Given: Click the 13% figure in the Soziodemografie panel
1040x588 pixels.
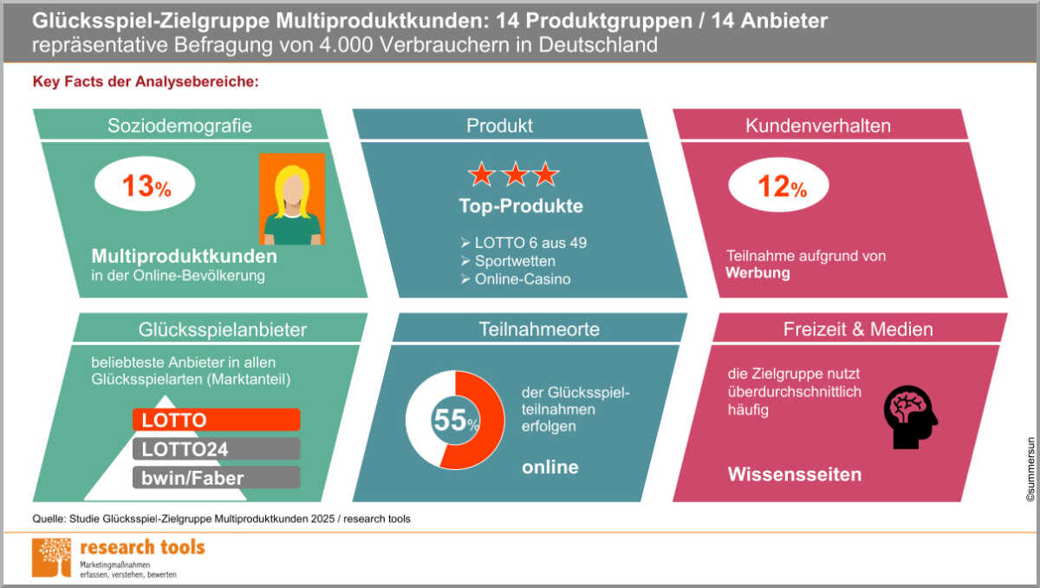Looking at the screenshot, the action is (146, 186).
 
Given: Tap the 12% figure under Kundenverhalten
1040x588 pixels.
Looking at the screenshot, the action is (782, 186).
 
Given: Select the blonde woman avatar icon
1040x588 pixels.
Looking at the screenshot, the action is (292, 199).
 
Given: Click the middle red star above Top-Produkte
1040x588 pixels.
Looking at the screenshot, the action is (516, 174).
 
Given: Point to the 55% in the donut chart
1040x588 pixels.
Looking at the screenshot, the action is (456, 420).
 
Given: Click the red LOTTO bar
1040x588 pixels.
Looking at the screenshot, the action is (217, 420).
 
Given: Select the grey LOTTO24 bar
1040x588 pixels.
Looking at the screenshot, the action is (217, 449).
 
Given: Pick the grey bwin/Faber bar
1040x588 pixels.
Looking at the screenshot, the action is (217, 478).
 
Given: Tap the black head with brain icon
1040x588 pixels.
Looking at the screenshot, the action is (910, 417).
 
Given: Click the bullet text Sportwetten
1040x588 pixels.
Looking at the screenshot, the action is (515, 261).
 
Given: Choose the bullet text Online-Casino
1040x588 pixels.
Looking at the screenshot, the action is (523, 279).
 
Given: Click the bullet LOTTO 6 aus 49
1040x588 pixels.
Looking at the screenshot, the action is (530, 243).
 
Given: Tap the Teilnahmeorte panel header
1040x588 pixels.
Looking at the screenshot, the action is (539, 329).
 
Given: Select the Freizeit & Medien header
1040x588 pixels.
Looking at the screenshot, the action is (858, 329).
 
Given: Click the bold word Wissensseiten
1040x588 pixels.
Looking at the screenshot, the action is (795, 474).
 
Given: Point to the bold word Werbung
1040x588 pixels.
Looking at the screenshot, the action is (757, 272).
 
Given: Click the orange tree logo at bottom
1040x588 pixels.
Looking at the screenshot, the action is (51, 558).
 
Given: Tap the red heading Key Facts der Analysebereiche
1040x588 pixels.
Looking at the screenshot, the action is (146, 82).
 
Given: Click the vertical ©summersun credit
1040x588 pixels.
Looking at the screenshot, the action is (1030, 469).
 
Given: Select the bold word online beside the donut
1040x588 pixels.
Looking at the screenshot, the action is (550, 467).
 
